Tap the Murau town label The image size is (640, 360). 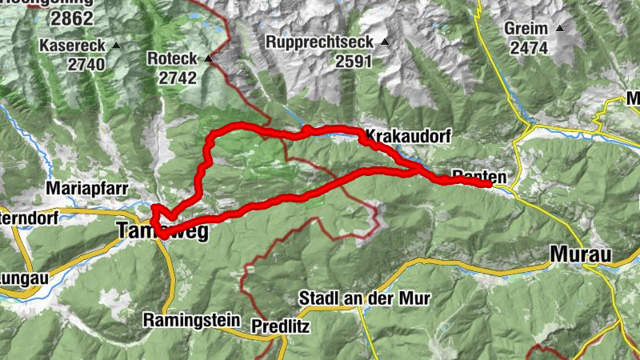(x=581, y=255)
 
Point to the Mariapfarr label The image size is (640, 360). (x=84, y=189)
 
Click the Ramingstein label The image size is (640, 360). (x=191, y=320)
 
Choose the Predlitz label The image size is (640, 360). (x=280, y=326)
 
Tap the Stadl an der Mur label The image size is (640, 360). (x=365, y=298)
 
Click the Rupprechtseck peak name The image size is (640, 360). (x=320, y=42)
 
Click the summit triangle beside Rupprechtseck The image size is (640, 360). (x=385, y=42)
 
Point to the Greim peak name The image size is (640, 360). (x=526, y=29)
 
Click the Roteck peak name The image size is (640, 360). (x=171, y=58)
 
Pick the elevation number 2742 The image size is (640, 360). (x=178, y=78)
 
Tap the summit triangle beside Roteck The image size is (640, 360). (x=209, y=58)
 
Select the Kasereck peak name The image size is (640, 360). (x=73, y=46)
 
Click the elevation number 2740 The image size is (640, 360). (x=86, y=65)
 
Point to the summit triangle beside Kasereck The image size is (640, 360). (x=117, y=46)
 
